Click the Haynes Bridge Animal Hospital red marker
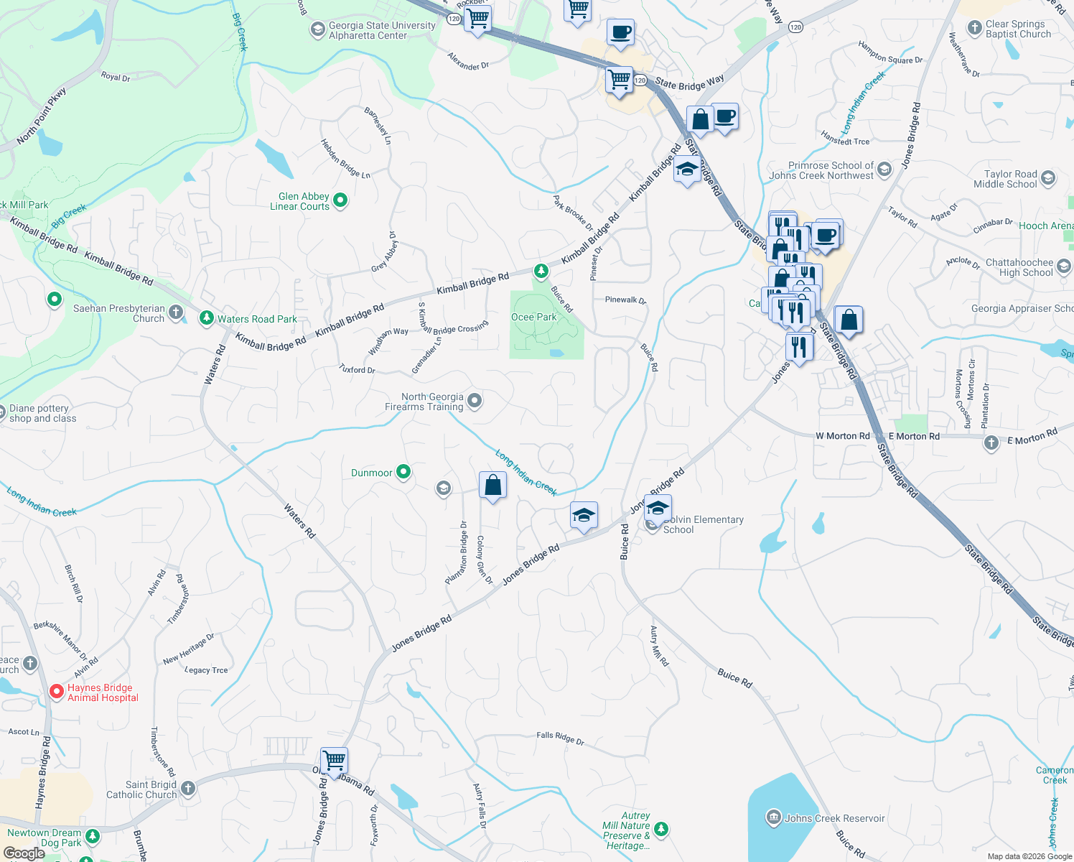56,692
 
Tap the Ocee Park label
533,317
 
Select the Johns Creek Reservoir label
834,818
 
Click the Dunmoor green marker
403,472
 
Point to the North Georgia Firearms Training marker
475,401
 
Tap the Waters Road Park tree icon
207,318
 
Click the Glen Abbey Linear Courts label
299,201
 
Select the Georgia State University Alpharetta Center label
382,30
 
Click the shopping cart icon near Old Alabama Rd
334,759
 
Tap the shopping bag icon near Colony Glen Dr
492,486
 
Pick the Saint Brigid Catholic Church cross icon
188,788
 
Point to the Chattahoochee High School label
1019,267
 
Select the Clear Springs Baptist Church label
1018,29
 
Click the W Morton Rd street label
842,436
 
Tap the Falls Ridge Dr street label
560,737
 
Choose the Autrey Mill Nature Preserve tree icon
661,830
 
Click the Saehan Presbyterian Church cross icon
176,312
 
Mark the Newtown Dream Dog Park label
44,838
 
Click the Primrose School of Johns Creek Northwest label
821,170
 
